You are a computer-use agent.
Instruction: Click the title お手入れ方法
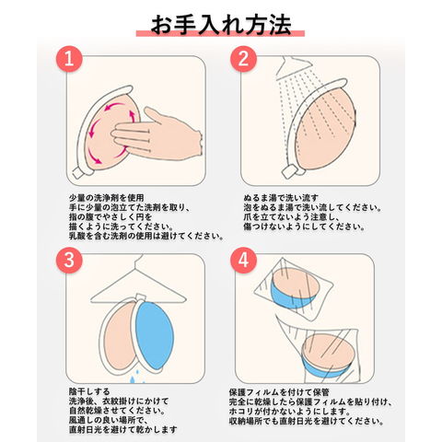[221, 25]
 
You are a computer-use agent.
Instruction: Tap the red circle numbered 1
[69, 59]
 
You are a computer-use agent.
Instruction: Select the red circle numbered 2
[244, 59]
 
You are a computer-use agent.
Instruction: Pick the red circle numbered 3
[69, 260]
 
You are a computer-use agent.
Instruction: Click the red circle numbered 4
[244, 260]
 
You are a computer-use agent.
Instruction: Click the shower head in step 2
[293, 67]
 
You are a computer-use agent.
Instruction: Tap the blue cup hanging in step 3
[154, 335]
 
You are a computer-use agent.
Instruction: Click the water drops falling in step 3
[136, 378]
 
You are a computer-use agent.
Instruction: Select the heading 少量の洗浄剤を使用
[106, 198]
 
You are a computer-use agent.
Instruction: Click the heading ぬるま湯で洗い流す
[281, 198]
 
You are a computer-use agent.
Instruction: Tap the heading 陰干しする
[89, 391]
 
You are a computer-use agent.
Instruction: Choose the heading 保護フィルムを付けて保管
[279, 392]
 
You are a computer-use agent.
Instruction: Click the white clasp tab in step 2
[289, 171]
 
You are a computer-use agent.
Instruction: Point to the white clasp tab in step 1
[78, 172]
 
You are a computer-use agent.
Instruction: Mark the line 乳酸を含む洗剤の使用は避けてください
[145, 236]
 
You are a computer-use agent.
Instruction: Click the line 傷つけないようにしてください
[304, 227]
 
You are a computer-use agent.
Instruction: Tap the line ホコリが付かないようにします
[290, 412]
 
